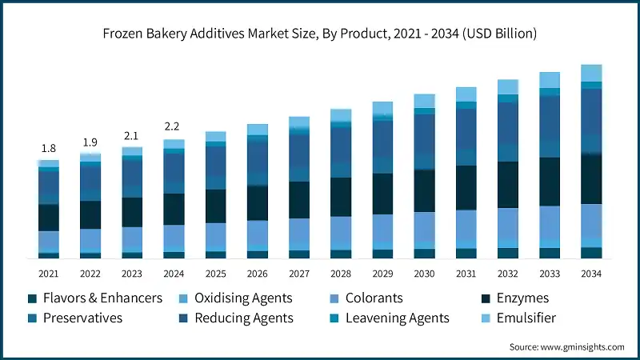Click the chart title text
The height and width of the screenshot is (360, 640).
click(x=320, y=34)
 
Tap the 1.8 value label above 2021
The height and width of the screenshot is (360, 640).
click(x=49, y=148)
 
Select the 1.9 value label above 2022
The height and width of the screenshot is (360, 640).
click(x=90, y=142)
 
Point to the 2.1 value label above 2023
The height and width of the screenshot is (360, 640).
click(x=132, y=135)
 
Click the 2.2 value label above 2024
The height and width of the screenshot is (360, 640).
click(x=174, y=126)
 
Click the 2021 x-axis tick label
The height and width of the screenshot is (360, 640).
click(x=49, y=274)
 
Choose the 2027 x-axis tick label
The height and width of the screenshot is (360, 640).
click(x=298, y=274)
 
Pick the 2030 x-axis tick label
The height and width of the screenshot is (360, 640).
click(x=424, y=274)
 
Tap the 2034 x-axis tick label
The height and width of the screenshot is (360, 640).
click(x=591, y=274)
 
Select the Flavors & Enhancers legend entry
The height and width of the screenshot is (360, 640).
click(x=94, y=298)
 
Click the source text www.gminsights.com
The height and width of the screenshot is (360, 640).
click(x=566, y=346)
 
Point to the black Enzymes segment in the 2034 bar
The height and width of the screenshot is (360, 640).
click(x=591, y=179)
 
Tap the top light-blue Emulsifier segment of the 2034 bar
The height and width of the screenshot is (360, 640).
click(x=591, y=73)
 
